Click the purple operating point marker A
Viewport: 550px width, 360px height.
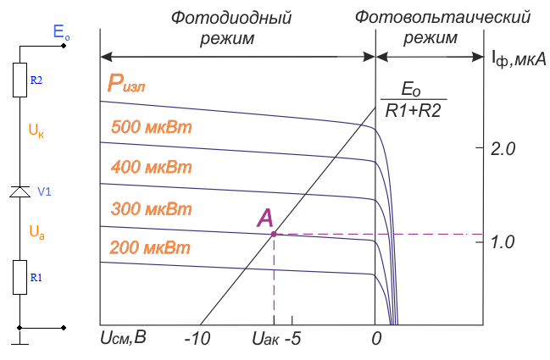(x=274, y=234)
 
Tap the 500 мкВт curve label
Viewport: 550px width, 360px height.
(x=152, y=129)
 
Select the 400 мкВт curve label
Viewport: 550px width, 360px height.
(x=152, y=169)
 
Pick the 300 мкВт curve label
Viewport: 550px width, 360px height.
(x=152, y=208)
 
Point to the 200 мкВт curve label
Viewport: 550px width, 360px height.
(x=152, y=248)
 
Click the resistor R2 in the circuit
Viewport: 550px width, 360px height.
(x=19, y=80)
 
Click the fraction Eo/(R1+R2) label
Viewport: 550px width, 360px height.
(x=412, y=99)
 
